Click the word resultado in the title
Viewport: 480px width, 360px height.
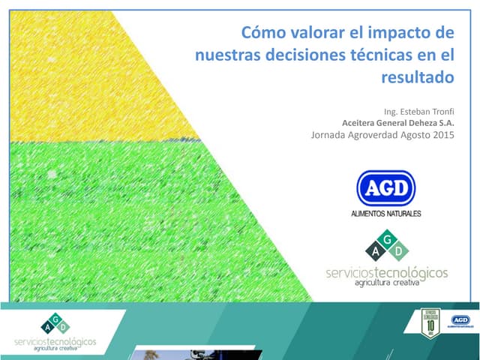(x=418, y=76)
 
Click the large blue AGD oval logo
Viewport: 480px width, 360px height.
(x=386, y=188)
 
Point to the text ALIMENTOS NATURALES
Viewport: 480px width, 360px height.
(x=386, y=214)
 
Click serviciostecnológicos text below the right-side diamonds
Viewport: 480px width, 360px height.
(x=386, y=271)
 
